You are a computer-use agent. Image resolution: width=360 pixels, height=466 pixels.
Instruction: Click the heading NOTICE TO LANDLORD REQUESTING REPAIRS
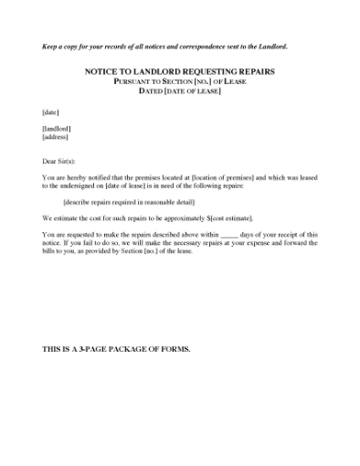point(179,70)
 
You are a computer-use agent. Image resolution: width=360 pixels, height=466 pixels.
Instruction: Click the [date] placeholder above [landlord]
point(51,111)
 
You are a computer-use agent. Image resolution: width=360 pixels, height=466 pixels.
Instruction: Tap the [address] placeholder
point(56,138)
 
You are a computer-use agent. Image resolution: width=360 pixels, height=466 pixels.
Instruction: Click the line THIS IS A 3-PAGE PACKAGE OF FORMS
point(116,351)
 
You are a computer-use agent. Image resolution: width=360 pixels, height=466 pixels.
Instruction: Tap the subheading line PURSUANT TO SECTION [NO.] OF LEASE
point(179,80)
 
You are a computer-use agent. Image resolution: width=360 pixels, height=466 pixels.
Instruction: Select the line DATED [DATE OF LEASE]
point(179,90)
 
